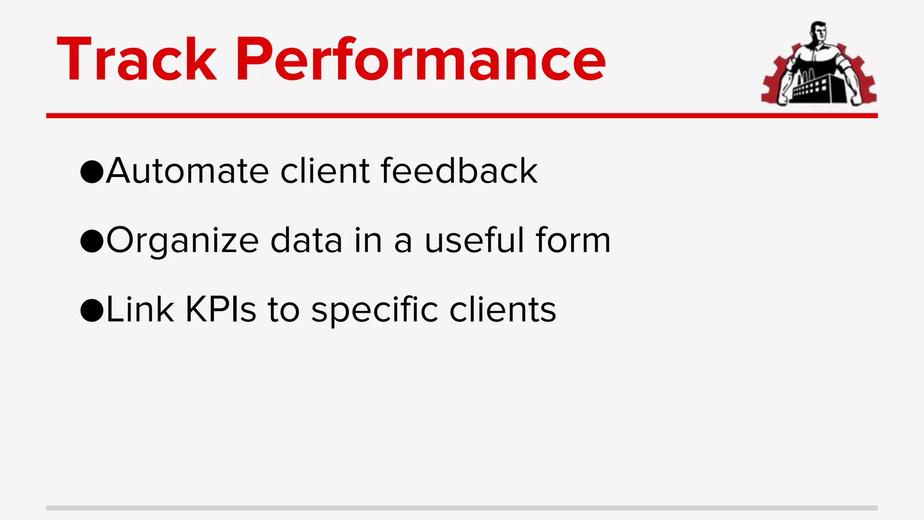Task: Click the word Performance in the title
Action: coord(420,60)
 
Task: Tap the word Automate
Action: coord(188,171)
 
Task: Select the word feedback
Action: coord(459,171)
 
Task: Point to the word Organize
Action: coord(182,241)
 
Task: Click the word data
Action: coord(306,240)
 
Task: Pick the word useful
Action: coord(474,240)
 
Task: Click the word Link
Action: coord(140,310)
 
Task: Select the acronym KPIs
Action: coord(221,310)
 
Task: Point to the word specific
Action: coord(374,311)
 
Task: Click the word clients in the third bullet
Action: coord(503,310)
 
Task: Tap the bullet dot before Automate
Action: coord(92,172)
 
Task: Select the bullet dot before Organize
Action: coord(92,241)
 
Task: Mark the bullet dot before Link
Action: coord(92,311)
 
